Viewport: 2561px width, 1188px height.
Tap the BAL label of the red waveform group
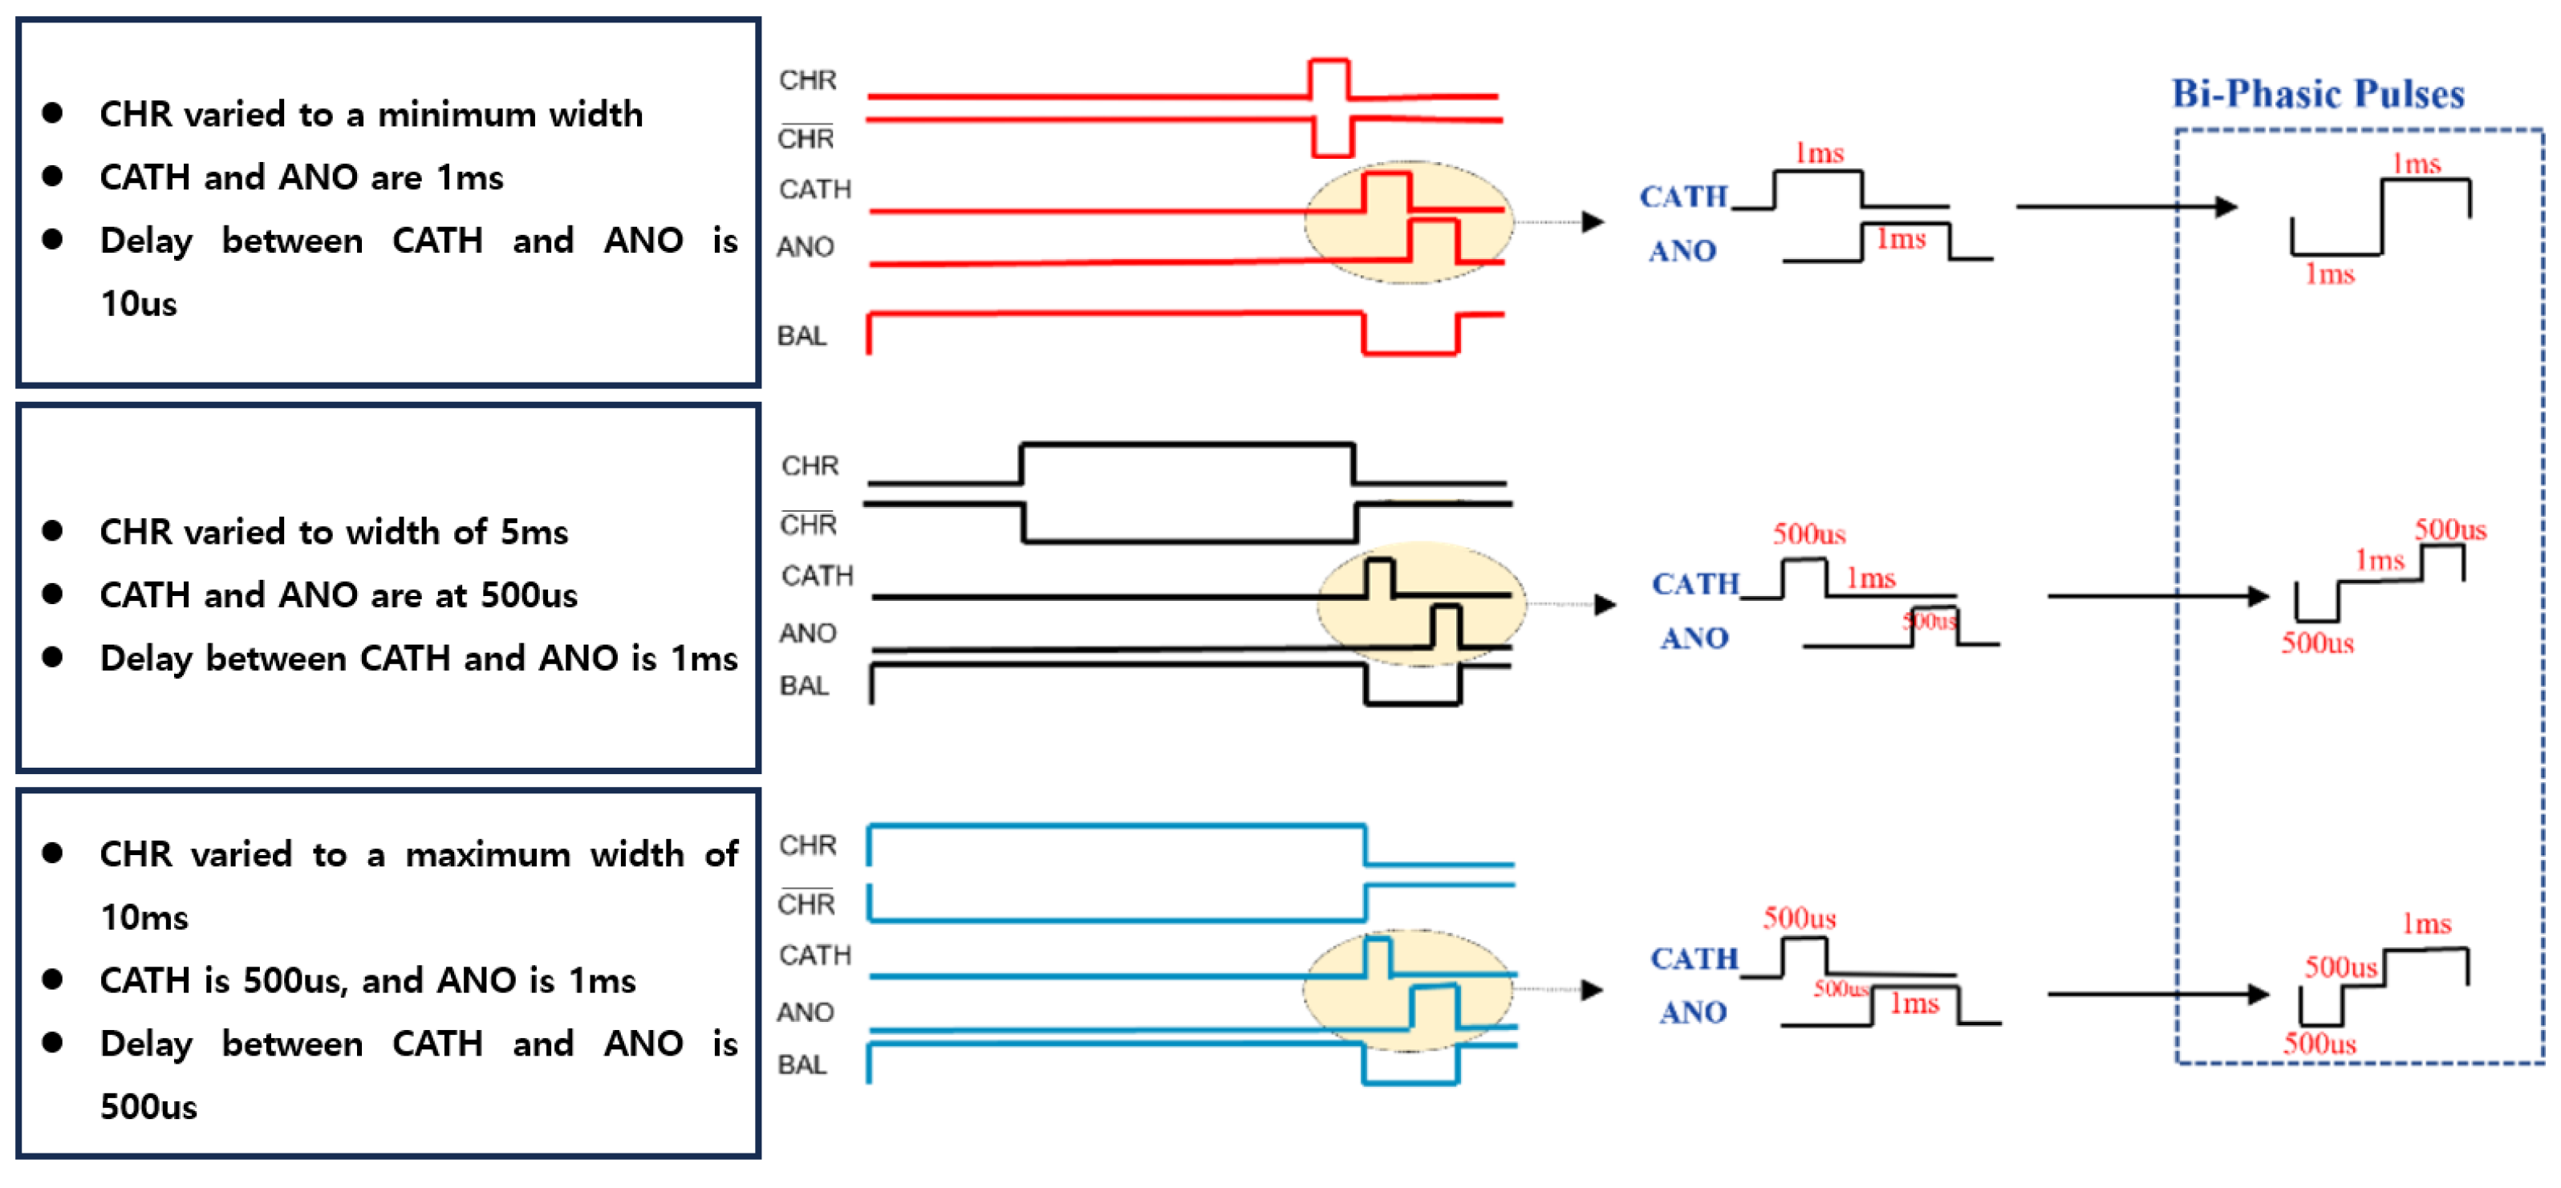[802, 336]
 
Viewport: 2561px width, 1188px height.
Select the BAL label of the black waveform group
[803, 686]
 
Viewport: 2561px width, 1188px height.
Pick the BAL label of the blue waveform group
[802, 1064]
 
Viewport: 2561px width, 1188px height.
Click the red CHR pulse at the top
[1328, 79]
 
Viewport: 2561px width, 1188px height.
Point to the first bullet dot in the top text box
[53, 113]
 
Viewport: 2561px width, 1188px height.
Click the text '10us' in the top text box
[138, 303]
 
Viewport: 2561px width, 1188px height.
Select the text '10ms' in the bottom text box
[144, 917]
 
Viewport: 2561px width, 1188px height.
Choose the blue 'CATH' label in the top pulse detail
[1683, 197]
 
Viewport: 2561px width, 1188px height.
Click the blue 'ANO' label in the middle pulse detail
[1694, 639]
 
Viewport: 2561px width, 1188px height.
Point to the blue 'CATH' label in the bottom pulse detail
[1694, 959]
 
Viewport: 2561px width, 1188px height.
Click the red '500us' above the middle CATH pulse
[1808, 535]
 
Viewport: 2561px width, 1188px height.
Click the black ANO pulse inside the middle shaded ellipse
[1446, 626]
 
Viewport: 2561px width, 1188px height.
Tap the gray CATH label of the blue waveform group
[815, 955]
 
